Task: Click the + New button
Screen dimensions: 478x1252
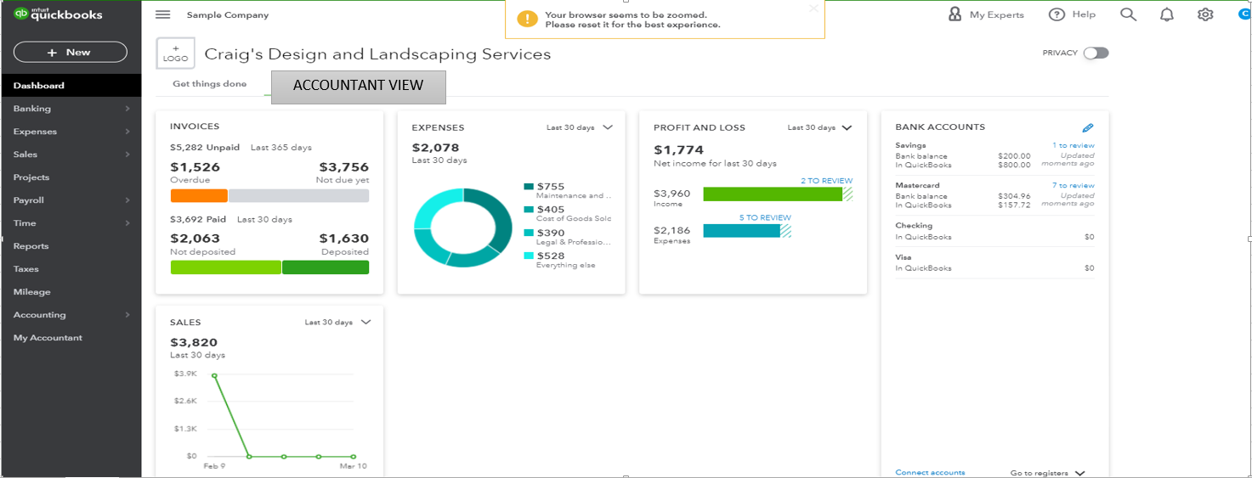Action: click(71, 53)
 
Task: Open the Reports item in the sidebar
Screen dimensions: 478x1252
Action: click(31, 246)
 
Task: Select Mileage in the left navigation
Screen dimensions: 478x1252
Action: click(32, 292)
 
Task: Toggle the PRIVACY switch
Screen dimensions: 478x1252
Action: click(1096, 53)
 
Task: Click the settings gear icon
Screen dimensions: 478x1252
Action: click(1204, 14)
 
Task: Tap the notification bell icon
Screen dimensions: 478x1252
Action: click(1166, 14)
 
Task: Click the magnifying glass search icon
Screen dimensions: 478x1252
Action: click(1128, 14)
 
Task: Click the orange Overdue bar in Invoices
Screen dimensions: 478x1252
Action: click(199, 195)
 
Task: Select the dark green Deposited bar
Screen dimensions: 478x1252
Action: click(326, 267)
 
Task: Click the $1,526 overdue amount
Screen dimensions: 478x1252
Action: click(195, 167)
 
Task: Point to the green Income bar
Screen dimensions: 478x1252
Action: click(773, 194)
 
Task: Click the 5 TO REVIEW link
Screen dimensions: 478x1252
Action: click(765, 218)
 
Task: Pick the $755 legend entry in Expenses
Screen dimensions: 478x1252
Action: click(551, 187)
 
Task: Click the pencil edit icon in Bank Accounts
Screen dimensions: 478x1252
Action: click(1088, 128)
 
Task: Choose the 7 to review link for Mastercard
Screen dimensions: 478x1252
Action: click(1073, 185)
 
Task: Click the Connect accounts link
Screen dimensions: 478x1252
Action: click(930, 472)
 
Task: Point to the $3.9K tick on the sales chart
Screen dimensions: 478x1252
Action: click(185, 374)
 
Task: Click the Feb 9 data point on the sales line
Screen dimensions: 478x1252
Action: click(214, 375)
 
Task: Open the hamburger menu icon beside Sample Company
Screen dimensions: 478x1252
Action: click(163, 14)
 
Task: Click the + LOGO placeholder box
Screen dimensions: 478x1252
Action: click(176, 53)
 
